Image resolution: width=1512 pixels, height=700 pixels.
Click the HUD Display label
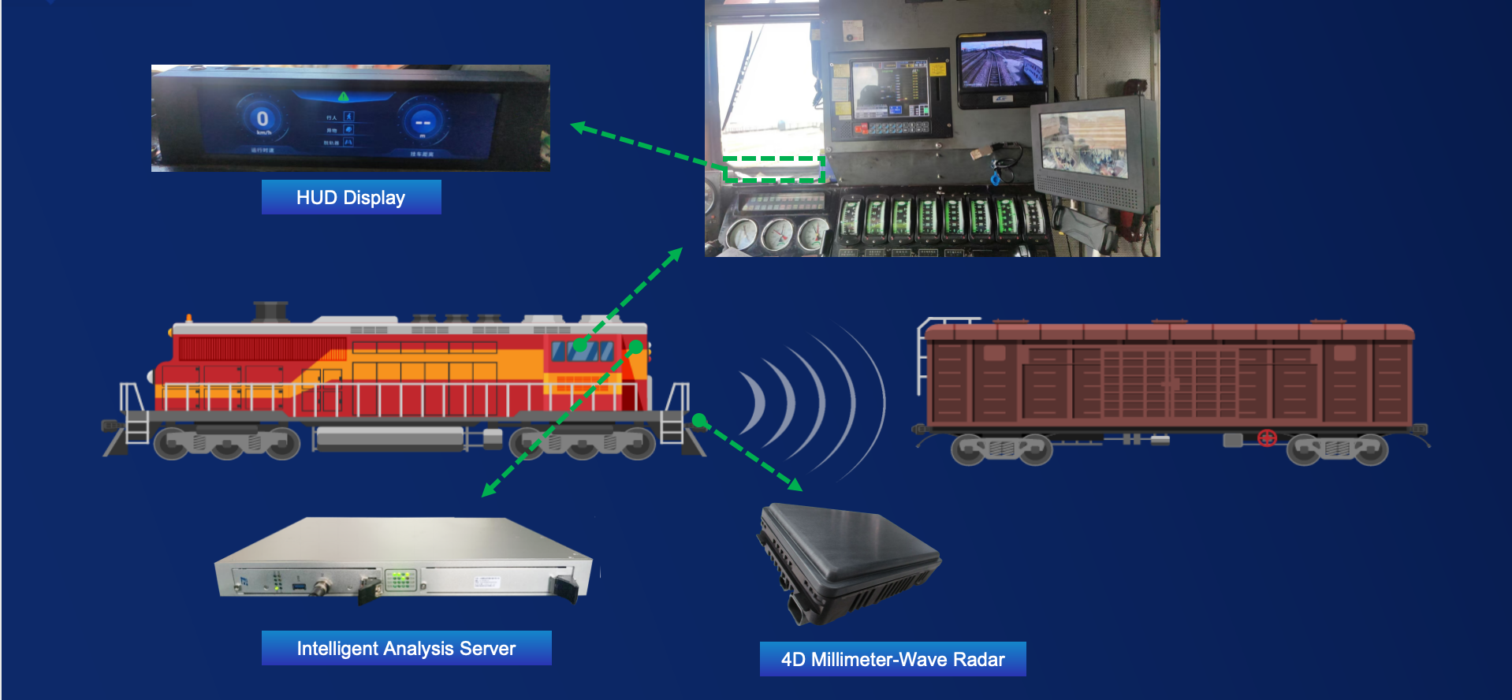[351, 197]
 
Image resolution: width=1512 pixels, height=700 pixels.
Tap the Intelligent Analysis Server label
[406, 648]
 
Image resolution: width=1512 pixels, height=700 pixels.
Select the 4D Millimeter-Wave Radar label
[892, 659]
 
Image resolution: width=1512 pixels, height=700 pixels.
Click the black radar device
[847, 560]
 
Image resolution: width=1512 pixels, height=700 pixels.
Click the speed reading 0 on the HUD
[263, 119]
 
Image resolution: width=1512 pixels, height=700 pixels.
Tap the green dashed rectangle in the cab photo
[773, 169]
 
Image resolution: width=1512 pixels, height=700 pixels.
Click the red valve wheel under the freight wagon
[1267, 438]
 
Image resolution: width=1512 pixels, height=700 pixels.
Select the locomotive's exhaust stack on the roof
[270, 311]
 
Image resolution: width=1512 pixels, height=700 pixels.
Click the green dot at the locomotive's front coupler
[698, 420]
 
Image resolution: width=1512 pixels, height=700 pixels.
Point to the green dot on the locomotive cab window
[580, 344]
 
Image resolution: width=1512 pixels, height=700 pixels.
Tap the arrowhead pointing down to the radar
[794, 483]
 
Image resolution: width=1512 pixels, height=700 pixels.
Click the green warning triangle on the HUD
[343, 96]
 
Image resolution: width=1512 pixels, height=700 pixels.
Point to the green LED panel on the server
[400, 580]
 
